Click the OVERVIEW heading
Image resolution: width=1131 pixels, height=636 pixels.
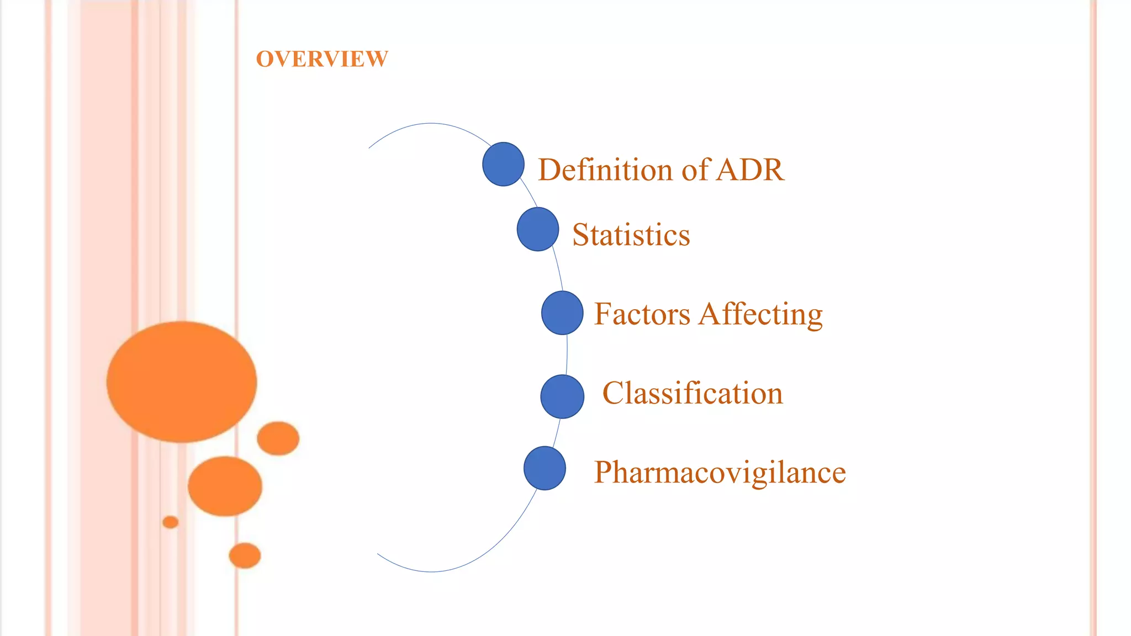[x=322, y=59]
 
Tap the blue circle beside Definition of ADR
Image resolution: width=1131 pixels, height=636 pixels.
[x=503, y=164]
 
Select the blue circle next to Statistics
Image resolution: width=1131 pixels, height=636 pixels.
[x=538, y=229]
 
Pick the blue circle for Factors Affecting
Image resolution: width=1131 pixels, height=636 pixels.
[x=562, y=313]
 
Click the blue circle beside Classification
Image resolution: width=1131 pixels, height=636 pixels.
[x=562, y=396]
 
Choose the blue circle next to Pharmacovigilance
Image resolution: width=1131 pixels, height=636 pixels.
[x=545, y=468]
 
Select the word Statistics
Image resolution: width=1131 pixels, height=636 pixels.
[x=631, y=235]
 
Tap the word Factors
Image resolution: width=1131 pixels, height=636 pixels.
[x=642, y=314]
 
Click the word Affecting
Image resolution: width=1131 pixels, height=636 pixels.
[x=760, y=314]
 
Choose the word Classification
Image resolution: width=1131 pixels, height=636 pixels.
[x=693, y=393]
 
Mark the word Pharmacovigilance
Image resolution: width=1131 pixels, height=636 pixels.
[x=720, y=473]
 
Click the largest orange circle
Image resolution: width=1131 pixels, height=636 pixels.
[x=182, y=381]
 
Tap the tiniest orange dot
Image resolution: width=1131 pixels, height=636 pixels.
[x=171, y=522]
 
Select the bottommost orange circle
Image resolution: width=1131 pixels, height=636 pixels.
[x=245, y=555]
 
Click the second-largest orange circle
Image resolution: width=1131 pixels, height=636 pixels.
[x=225, y=486]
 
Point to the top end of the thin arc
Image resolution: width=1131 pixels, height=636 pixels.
[x=369, y=148]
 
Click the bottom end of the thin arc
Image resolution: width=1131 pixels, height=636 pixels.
[x=378, y=553]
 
